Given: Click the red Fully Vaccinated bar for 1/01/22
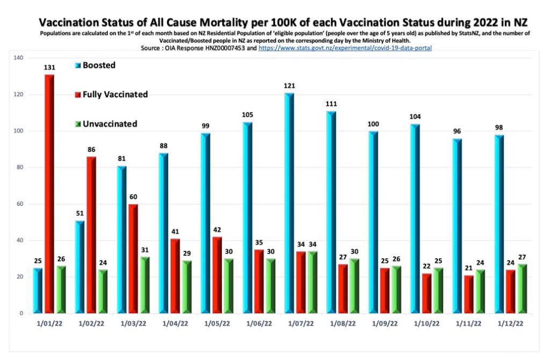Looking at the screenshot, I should click(x=49, y=193).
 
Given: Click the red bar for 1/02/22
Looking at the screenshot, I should click(x=91, y=234).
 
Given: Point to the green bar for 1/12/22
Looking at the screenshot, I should click(x=522, y=288).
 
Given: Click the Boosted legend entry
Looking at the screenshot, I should click(x=98, y=66).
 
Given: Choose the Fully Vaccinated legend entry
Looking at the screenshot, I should click(x=114, y=95).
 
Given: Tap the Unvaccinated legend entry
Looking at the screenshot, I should click(x=109, y=124).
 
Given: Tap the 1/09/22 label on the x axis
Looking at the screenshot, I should click(x=384, y=324).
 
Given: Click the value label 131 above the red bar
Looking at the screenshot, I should click(x=49, y=68).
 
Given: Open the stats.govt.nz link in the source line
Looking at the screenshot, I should click(x=345, y=48).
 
